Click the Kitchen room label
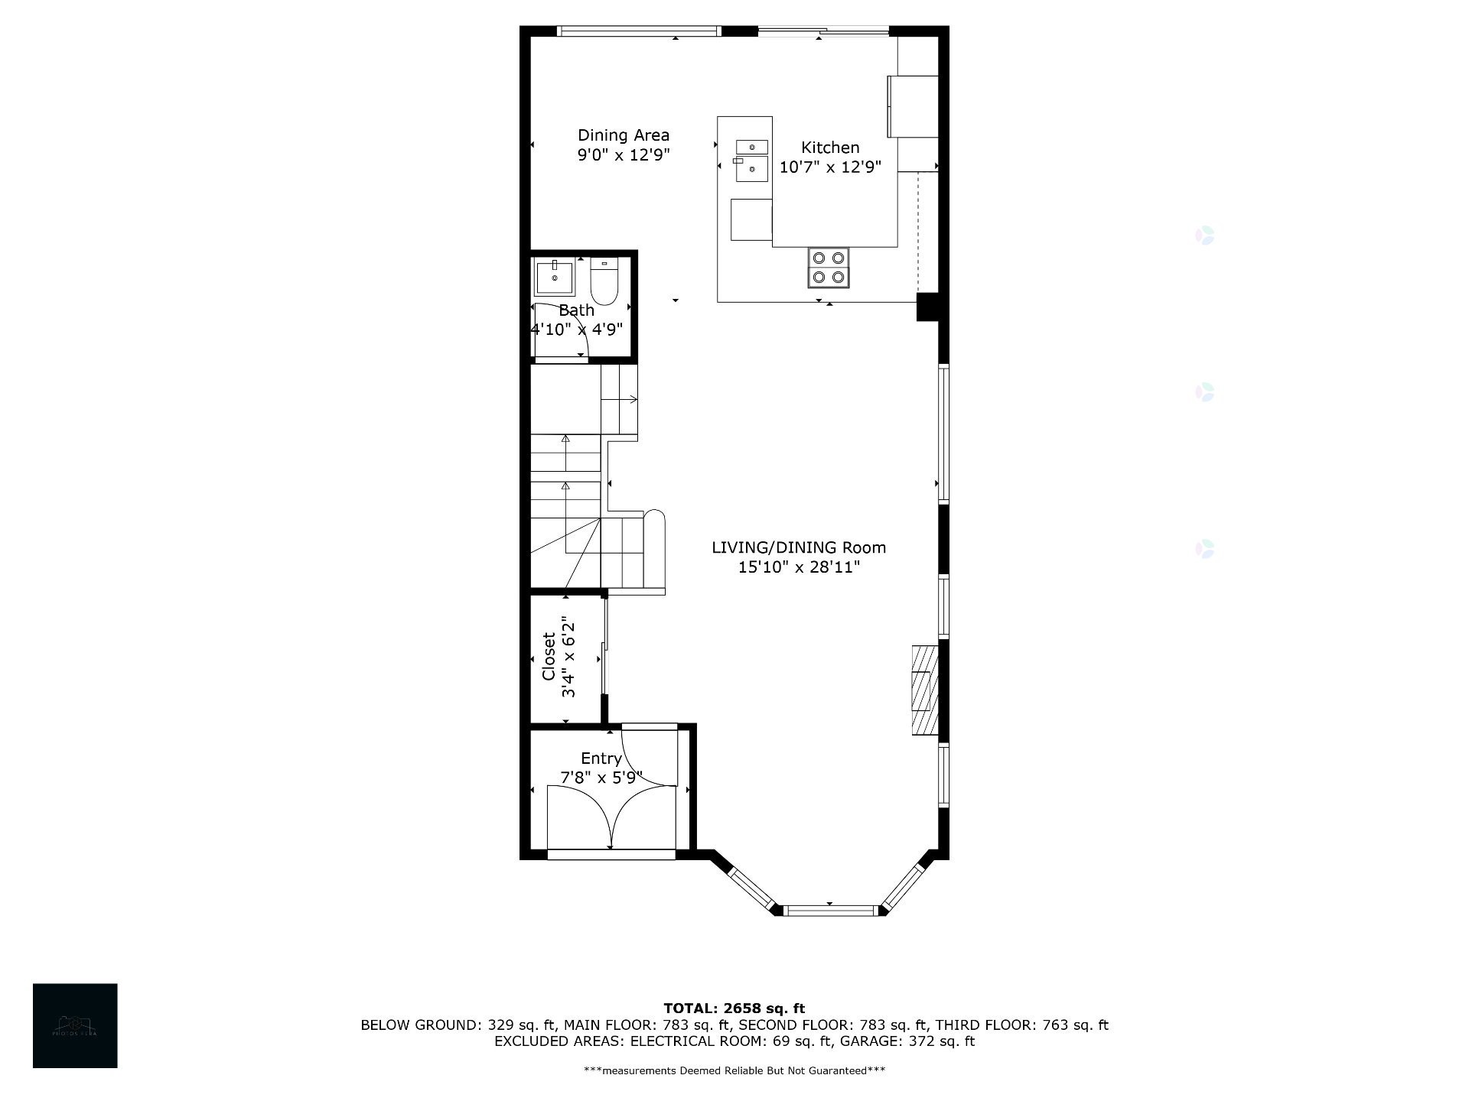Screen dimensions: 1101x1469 830,148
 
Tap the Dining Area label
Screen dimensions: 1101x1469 623,135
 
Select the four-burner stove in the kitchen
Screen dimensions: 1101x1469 829,268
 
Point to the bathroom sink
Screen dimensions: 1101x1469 555,278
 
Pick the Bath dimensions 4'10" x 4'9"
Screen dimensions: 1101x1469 577,330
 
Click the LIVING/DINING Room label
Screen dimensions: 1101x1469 799,547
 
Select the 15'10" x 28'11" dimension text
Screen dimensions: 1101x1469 799,567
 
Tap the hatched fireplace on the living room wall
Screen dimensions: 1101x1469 924,690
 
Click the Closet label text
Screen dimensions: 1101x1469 549,656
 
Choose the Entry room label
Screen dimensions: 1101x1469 601,758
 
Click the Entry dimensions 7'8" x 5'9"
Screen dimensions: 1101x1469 601,778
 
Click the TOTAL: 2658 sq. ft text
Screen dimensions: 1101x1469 734,1008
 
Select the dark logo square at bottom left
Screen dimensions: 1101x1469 75,1025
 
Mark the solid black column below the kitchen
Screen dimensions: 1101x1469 927,307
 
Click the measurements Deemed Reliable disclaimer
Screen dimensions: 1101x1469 734,1070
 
